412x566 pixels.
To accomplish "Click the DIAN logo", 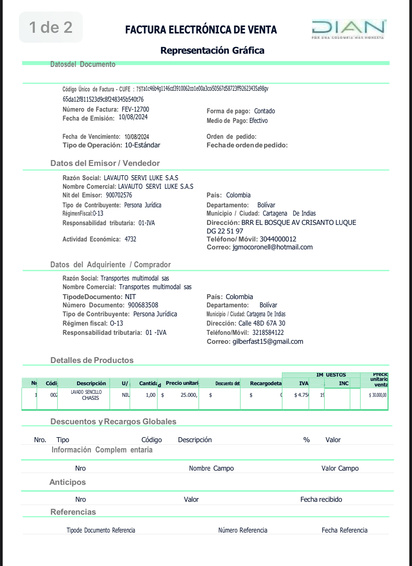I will coord(348,29).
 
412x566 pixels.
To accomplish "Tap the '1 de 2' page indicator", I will coord(51,27).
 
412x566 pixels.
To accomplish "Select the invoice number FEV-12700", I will coord(135,109).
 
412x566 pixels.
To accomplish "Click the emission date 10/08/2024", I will coord(133,117).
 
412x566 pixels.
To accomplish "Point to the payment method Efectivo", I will coord(258,121).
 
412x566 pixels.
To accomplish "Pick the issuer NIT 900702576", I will coord(119,195).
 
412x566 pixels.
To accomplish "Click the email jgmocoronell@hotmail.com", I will coord(272,247).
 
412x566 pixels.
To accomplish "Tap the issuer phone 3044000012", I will coord(278,239).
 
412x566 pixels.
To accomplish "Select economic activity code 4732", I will coord(130,239).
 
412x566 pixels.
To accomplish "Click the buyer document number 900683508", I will coord(143,305).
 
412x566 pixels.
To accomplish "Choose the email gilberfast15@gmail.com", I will coord(268,342).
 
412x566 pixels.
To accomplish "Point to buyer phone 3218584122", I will coord(268,333).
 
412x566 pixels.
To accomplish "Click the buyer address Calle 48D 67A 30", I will coord(262,324).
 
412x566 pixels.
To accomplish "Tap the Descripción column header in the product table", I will coord(91,383).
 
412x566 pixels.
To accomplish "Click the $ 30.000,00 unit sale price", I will coord(378,395).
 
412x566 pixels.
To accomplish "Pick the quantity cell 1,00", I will coord(151,395).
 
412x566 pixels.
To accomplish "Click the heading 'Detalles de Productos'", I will coord(92,360).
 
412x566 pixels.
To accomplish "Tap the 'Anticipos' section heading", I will coord(68,482).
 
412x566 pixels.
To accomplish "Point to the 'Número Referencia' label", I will coord(242,530).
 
